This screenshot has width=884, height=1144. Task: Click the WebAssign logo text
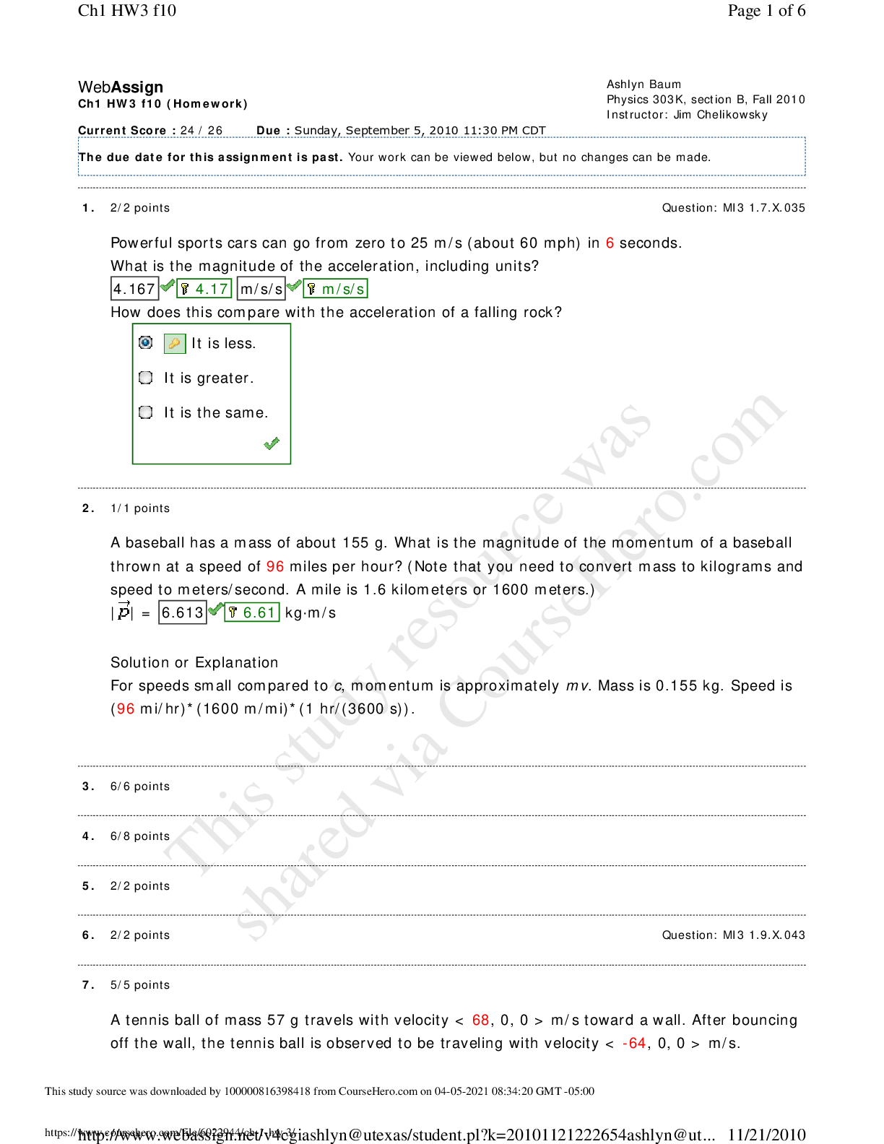coord(121,87)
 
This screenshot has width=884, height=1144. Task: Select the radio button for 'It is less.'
coord(146,342)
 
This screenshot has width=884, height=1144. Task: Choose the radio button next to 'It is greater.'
coord(146,378)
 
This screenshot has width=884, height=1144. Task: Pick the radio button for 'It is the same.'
coord(146,412)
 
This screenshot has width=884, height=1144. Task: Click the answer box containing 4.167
coord(134,289)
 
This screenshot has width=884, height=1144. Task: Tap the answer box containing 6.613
coord(183,612)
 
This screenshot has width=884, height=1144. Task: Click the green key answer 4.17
coord(204,289)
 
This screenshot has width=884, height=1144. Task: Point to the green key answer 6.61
coord(252,612)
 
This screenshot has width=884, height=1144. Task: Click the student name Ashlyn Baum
coord(643,84)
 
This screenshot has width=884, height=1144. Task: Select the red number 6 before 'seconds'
coord(610,243)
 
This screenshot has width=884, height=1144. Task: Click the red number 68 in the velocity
coord(480,1020)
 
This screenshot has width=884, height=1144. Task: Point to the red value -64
coord(634,1043)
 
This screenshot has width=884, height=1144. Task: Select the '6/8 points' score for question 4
coord(140,836)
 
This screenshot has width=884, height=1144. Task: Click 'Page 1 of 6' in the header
coord(766,10)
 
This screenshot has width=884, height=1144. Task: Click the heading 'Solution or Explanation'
coord(194,662)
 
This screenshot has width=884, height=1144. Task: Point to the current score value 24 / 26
coord(201,131)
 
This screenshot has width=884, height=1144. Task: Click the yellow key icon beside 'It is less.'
coord(175,343)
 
